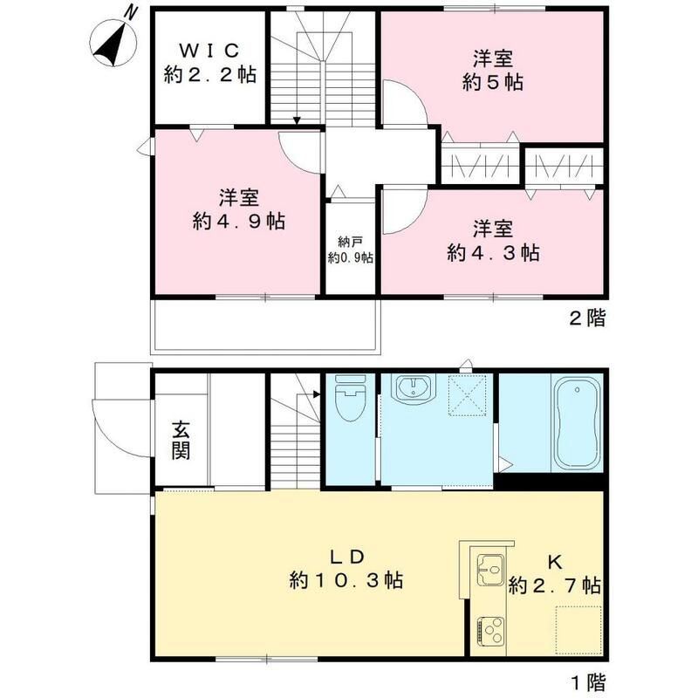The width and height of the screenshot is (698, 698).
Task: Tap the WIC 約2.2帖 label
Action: [x=209, y=63]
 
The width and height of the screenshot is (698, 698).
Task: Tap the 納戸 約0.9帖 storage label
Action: [x=350, y=250]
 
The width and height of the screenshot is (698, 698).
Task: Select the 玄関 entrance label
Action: [x=181, y=441]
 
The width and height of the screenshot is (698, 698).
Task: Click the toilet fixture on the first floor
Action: [x=350, y=400]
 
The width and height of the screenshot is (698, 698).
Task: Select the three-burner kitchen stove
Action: [x=490, y=630]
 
